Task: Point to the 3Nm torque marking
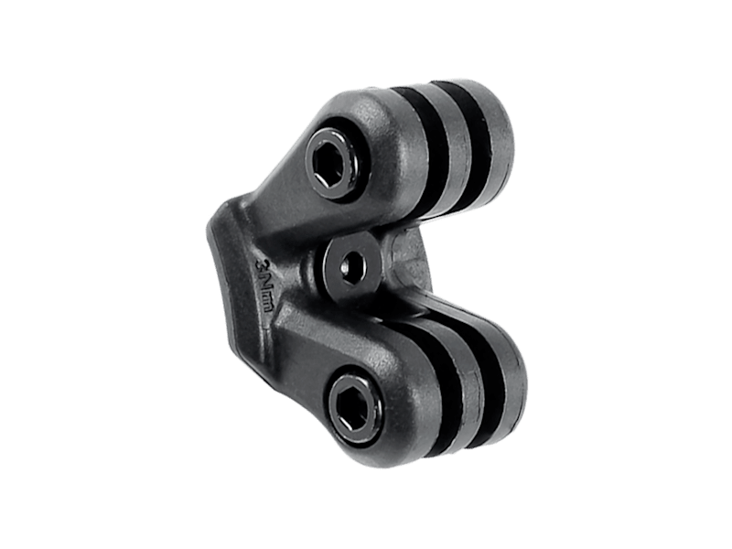[264, 284]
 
